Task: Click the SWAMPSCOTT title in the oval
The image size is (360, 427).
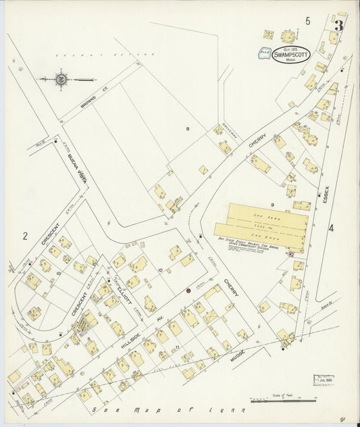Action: pyautogui.click(x=292, y=55)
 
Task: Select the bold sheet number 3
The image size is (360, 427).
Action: pyautogui.click(x=338, y=26)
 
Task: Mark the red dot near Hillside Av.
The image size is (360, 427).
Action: pyautogui.click(x=188, y=291)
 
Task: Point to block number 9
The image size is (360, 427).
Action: pyautogui.click(x=272, y=203)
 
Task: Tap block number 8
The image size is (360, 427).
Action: pyautogui.click(x=189, y=128)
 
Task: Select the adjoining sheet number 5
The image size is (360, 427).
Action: pyautogui.click(x=307, y=21)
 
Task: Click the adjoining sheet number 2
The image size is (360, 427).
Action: pyautogui.click(x=25, y=236)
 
